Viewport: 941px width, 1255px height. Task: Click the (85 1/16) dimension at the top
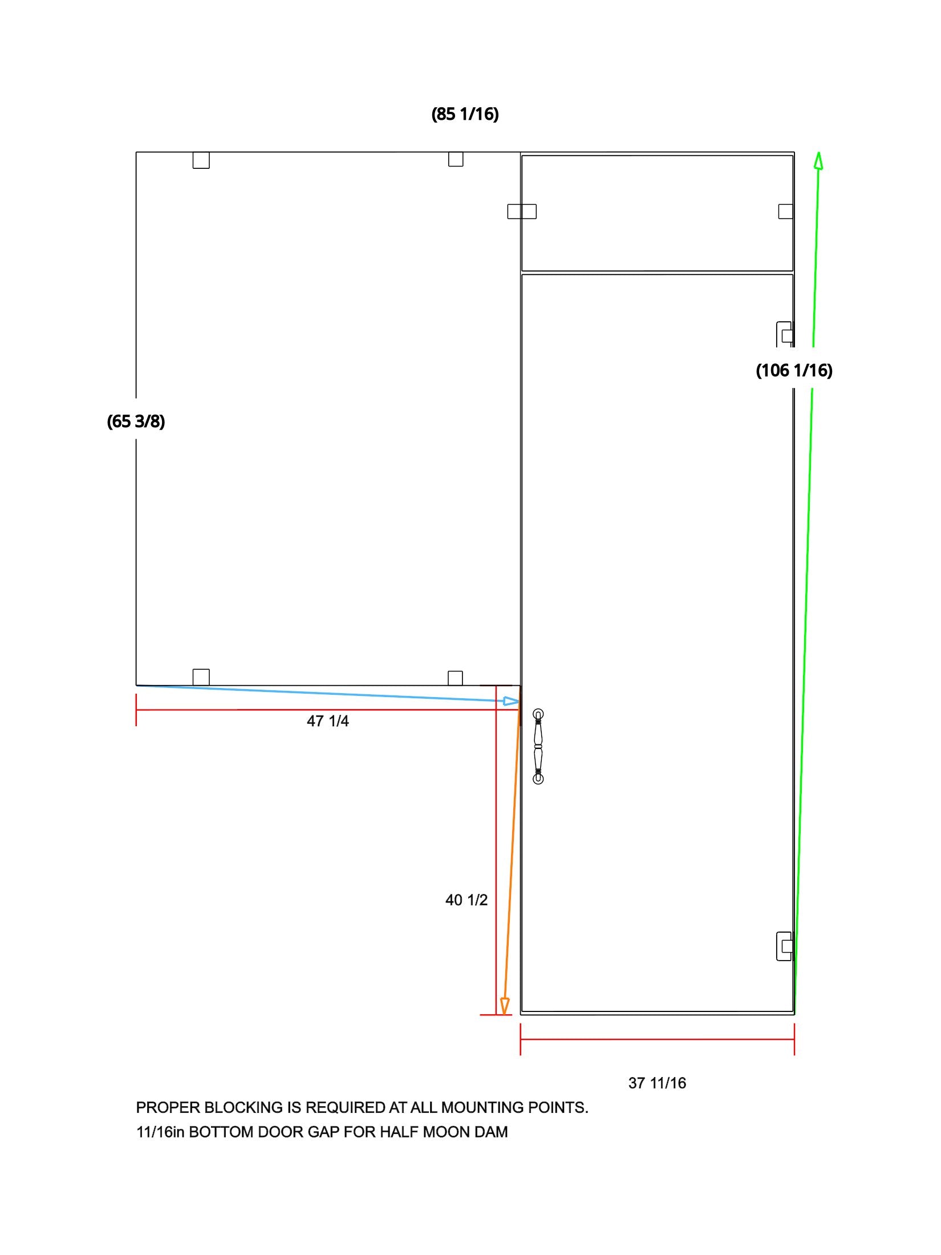tap(465, 114)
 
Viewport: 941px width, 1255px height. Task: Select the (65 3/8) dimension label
tap(136, 422)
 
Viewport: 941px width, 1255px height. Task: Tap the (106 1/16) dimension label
tap(794, 371)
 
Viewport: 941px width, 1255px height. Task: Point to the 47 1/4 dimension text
tap(328, 721)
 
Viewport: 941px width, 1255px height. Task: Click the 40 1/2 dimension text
tap(467, 900)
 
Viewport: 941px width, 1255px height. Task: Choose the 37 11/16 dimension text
tap(657, 1083)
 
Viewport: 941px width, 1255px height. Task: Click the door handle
tap(538, 747)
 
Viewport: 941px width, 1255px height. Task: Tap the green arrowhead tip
tap(818, 152)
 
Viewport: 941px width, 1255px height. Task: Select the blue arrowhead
tap(512, 701)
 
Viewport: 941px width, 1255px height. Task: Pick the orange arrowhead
tap(504, 1007)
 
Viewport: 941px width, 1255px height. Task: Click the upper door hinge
tap(785, 335)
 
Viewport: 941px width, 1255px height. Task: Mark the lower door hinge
tap(785, 946)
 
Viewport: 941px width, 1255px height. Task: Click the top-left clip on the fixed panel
tap(201, 160)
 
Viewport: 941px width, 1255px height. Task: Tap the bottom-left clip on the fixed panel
tap(201, 677)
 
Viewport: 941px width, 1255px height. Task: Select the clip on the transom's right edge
tap(786, 212)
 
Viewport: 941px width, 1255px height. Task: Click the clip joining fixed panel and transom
tap(522, 212)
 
